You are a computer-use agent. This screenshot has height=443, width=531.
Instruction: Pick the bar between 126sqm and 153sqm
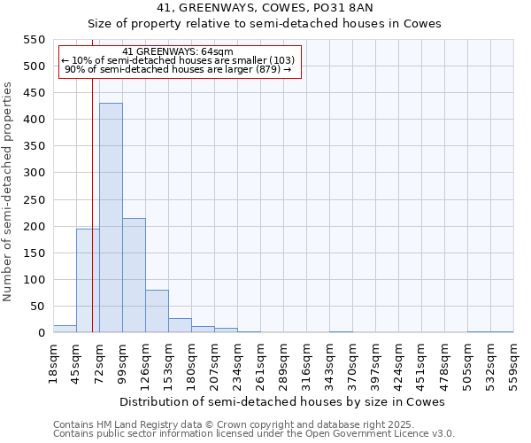(157, 311)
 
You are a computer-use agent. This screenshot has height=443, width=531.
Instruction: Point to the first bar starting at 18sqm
(65, 329)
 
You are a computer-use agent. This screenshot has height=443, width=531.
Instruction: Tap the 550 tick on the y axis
(34, 40)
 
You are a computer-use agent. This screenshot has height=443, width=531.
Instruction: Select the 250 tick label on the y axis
(34, 173)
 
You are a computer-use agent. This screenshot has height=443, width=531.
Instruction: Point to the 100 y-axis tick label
(34, 280)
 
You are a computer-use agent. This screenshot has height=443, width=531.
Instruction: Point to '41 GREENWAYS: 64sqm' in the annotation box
(178, 51)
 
